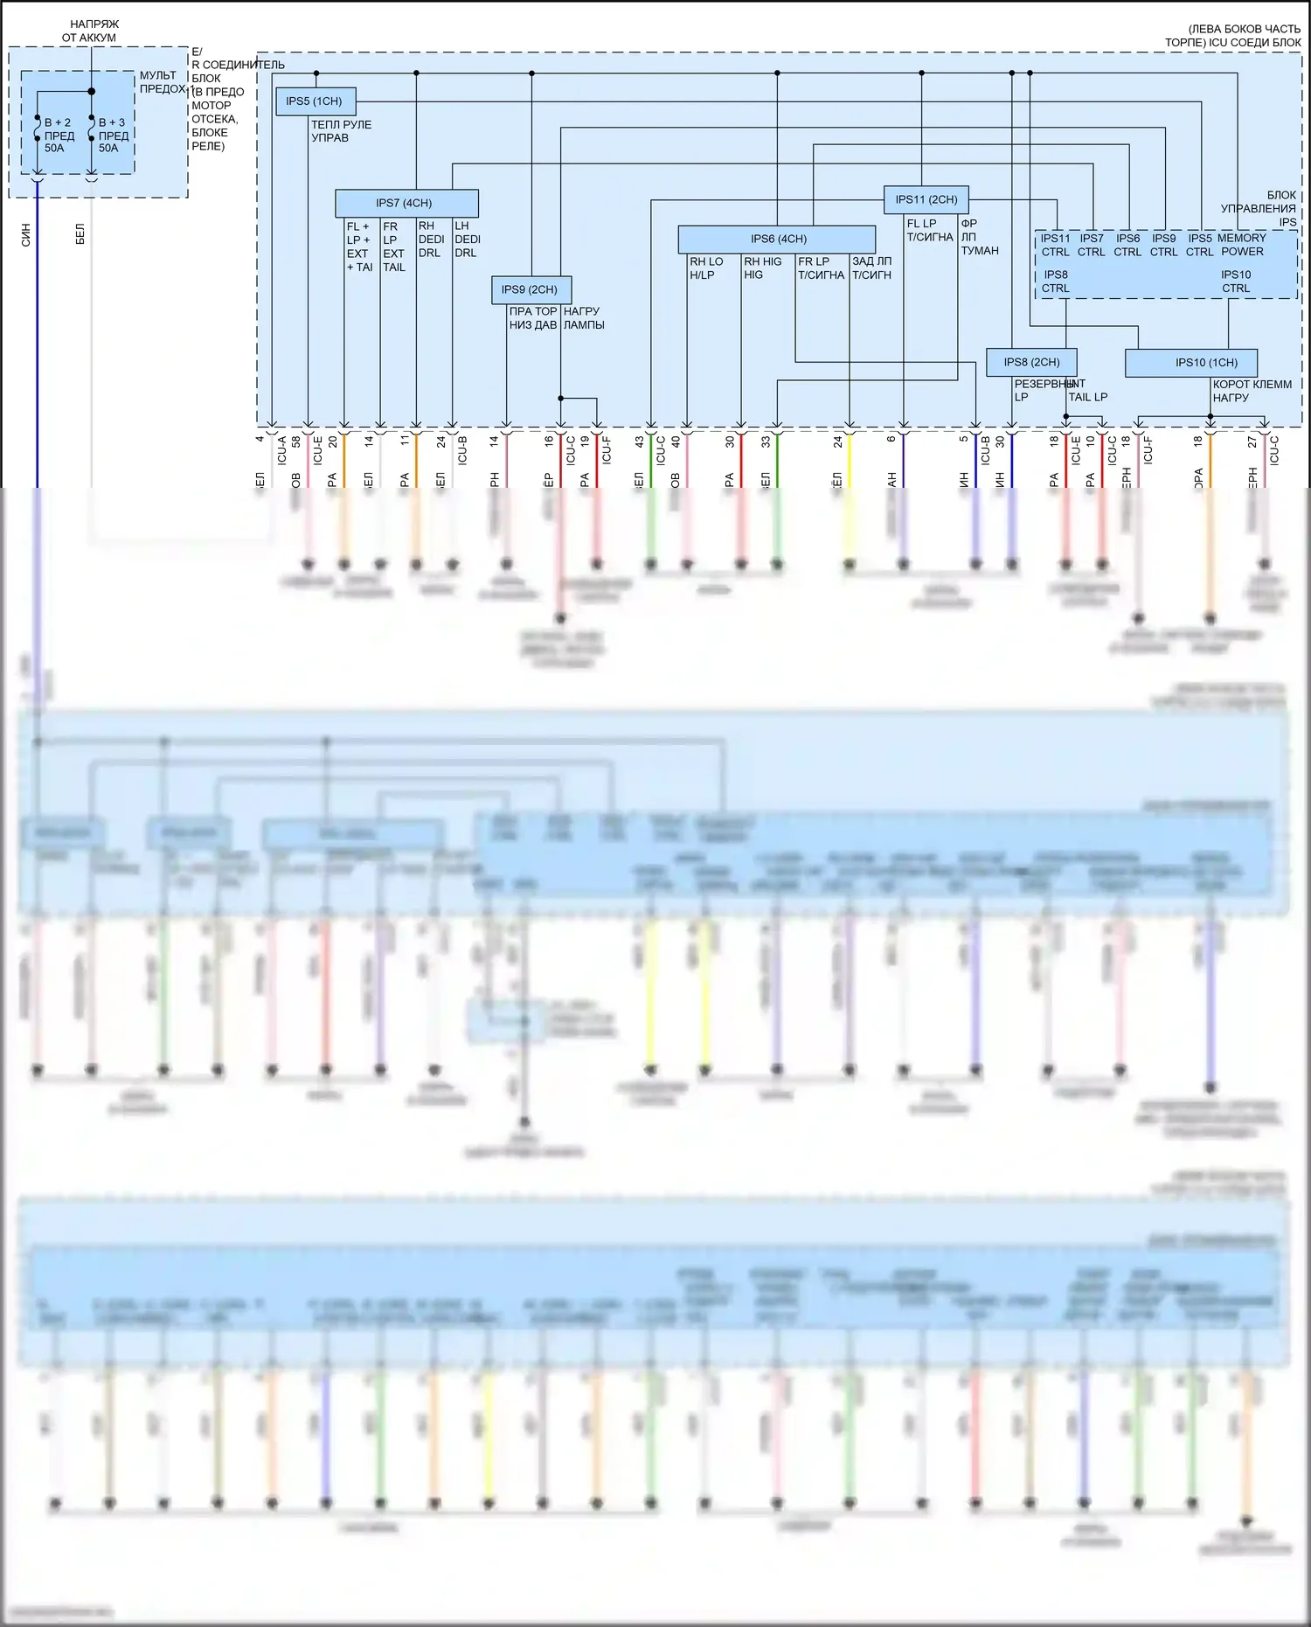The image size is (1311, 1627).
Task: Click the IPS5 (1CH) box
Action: click(x=315, y=101)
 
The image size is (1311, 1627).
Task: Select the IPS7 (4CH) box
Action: click(x=406, y=203)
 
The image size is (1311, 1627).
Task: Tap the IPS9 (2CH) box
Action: click(x=531, y=289)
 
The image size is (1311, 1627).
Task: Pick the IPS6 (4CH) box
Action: click(x=777, y=239)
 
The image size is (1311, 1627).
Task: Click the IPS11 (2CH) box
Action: click(x=926, y=199)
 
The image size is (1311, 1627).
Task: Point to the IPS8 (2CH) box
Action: click(x=1031, y=362)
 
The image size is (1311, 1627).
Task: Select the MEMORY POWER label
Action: click(x=1242, y=245)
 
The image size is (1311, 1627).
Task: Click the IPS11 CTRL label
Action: click(x=1055, y=245)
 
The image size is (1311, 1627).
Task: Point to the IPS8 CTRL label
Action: click(x=1055, y=282)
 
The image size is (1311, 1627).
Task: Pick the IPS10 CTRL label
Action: click(x=1236, y=282)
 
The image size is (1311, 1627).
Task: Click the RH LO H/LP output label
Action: click(x=706, y=268)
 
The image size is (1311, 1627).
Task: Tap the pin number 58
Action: click(x=297, y=442)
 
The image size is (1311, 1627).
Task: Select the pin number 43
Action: click(x=640, y=442)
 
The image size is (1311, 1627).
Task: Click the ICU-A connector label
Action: click(x=282, y=450)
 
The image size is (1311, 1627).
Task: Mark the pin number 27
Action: click(x=1252, y=442)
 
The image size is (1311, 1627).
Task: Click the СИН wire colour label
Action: click(x=25, y=234)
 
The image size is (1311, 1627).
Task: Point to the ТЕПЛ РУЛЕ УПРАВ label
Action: click(x=341, y=131)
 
